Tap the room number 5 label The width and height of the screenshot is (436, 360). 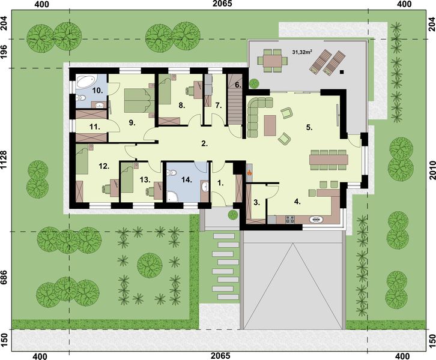coord(309,127)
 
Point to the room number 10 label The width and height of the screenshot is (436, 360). coord(96,90)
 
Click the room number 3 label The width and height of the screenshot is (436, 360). coord(256,203)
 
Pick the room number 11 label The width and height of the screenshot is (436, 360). coord(93,127)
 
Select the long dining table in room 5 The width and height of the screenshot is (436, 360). coord(329,159)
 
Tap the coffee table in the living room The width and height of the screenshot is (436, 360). coord(270,125)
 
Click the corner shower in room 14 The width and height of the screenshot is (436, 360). coord(172,194)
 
